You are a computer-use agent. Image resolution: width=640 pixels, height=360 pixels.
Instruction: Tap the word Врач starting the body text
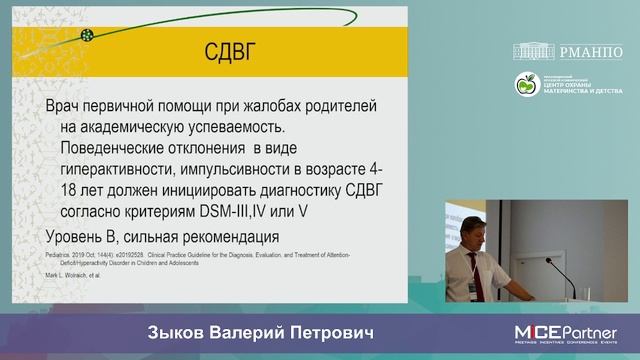[x=69, y=106]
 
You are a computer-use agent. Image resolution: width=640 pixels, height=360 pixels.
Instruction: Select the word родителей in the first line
[x=350, y=106]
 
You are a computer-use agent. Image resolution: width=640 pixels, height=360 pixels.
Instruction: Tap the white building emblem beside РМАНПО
[x=538, y=51]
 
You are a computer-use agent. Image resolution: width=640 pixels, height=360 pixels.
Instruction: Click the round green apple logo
[x=527, y=85]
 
